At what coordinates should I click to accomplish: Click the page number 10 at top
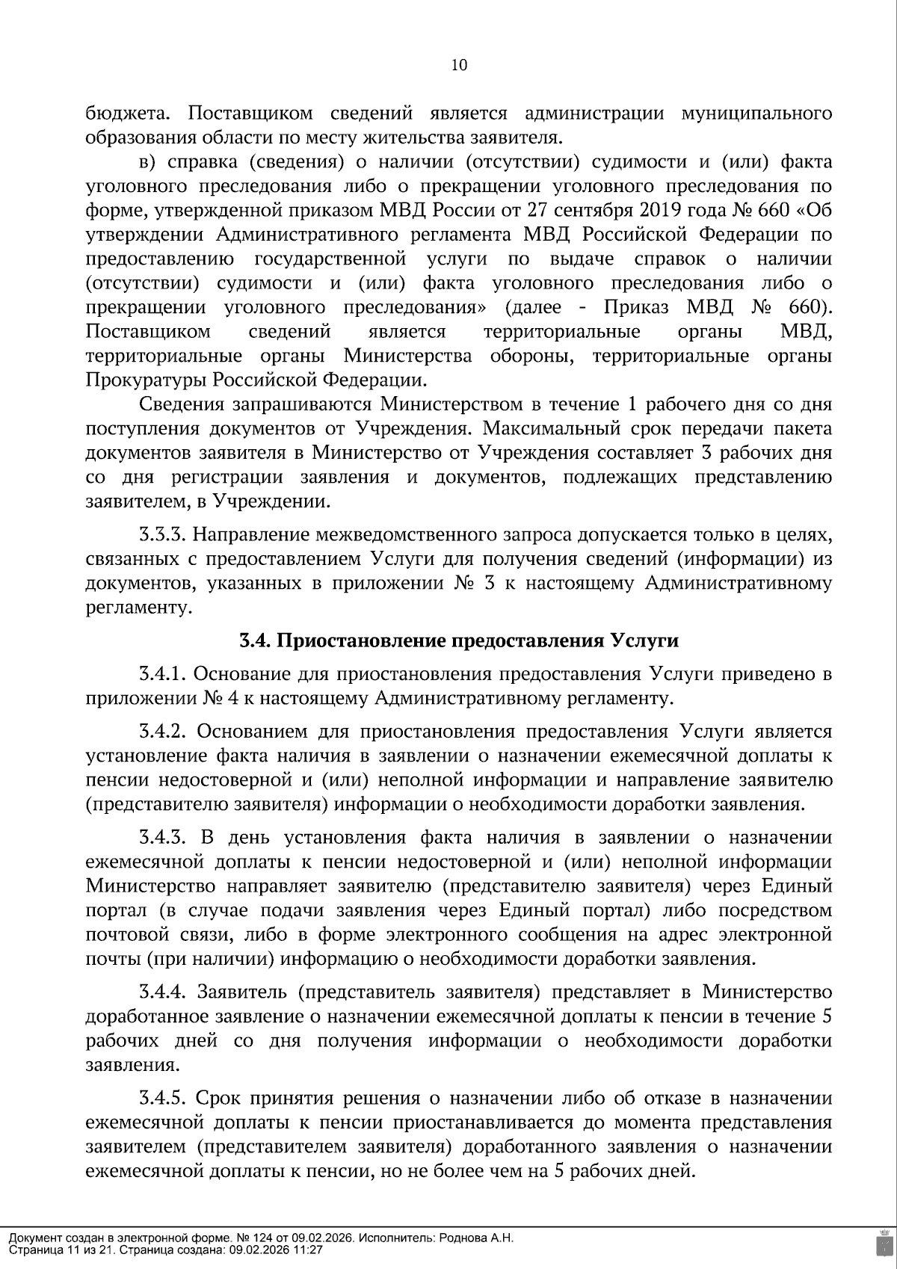pyautogui.click(x=459, y=65)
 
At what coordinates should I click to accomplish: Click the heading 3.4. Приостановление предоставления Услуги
pyautogui.click(x=459, y=641)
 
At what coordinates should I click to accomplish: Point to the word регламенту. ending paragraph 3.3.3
pyautogui.click(x=135, y=608)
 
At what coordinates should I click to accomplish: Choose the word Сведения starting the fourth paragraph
pyautogui.click(x=182, y=404)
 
